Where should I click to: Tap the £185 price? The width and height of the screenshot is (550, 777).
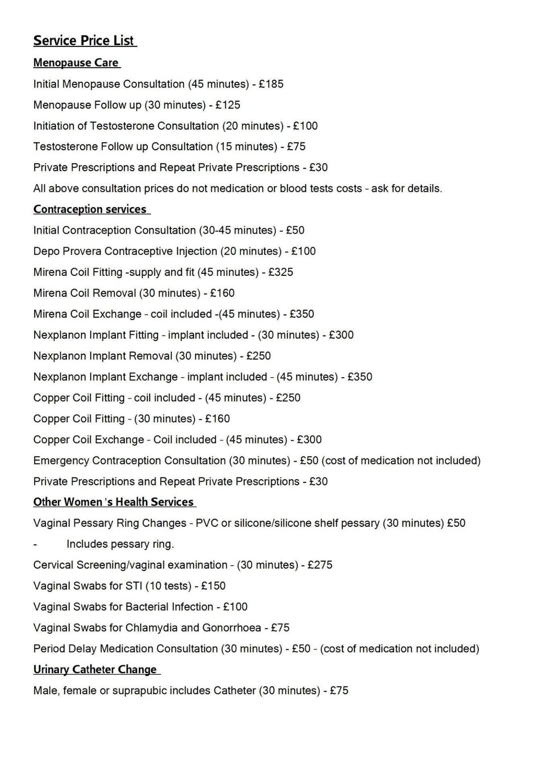(271, 84)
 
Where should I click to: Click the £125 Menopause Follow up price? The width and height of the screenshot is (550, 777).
(228, 105)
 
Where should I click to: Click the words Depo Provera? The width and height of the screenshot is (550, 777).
(67, 251)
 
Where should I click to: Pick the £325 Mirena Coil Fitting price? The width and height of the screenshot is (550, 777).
(281, 272)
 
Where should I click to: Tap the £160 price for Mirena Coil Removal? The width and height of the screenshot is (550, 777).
(222, 293)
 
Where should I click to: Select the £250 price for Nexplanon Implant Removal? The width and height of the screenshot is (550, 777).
(258, 356)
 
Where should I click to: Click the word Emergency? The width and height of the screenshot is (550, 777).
(61, 460)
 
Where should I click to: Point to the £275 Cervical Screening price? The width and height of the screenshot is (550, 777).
(320, 565)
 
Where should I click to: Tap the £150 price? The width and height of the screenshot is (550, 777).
(213, 586)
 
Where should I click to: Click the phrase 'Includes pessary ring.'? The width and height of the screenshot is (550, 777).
(120, 544)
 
